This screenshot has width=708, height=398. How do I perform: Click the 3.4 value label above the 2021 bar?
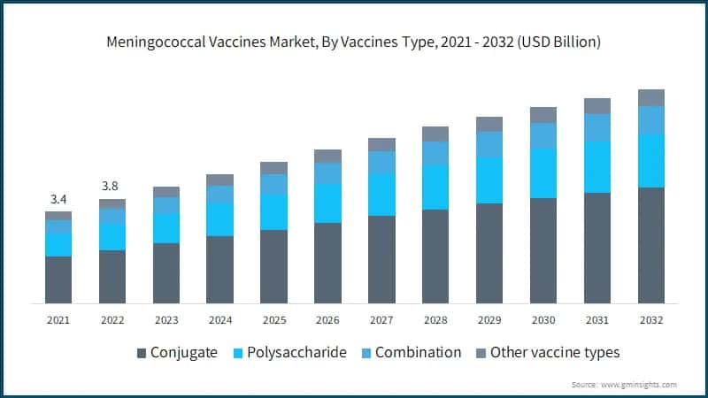coord(58,198)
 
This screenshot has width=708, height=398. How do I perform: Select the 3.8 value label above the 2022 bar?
coord(112,186)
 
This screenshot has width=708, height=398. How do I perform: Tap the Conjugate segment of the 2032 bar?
coord(650,245)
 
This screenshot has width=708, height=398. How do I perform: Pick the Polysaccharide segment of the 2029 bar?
coord(489,180)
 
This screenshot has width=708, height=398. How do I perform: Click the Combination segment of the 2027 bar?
coord(381,163)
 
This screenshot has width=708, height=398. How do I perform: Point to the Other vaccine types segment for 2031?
coord(597,106)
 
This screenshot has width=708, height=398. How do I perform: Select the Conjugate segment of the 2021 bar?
coord(58,279)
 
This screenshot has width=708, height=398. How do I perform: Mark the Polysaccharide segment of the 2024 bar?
coord(219,219)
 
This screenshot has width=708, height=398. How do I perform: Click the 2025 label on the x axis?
coord(273,319)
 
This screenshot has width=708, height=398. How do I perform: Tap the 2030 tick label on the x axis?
coord(543,319)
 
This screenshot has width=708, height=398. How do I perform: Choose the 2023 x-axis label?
coord(165,319)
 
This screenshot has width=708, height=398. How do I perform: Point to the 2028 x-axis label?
coord(435,319)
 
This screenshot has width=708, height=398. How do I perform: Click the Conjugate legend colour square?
coord(142,353)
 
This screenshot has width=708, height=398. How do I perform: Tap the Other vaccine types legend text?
coord(555,352)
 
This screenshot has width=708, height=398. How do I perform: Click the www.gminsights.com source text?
coord(639,385)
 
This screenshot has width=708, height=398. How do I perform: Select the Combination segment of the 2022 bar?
coord(112,216)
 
